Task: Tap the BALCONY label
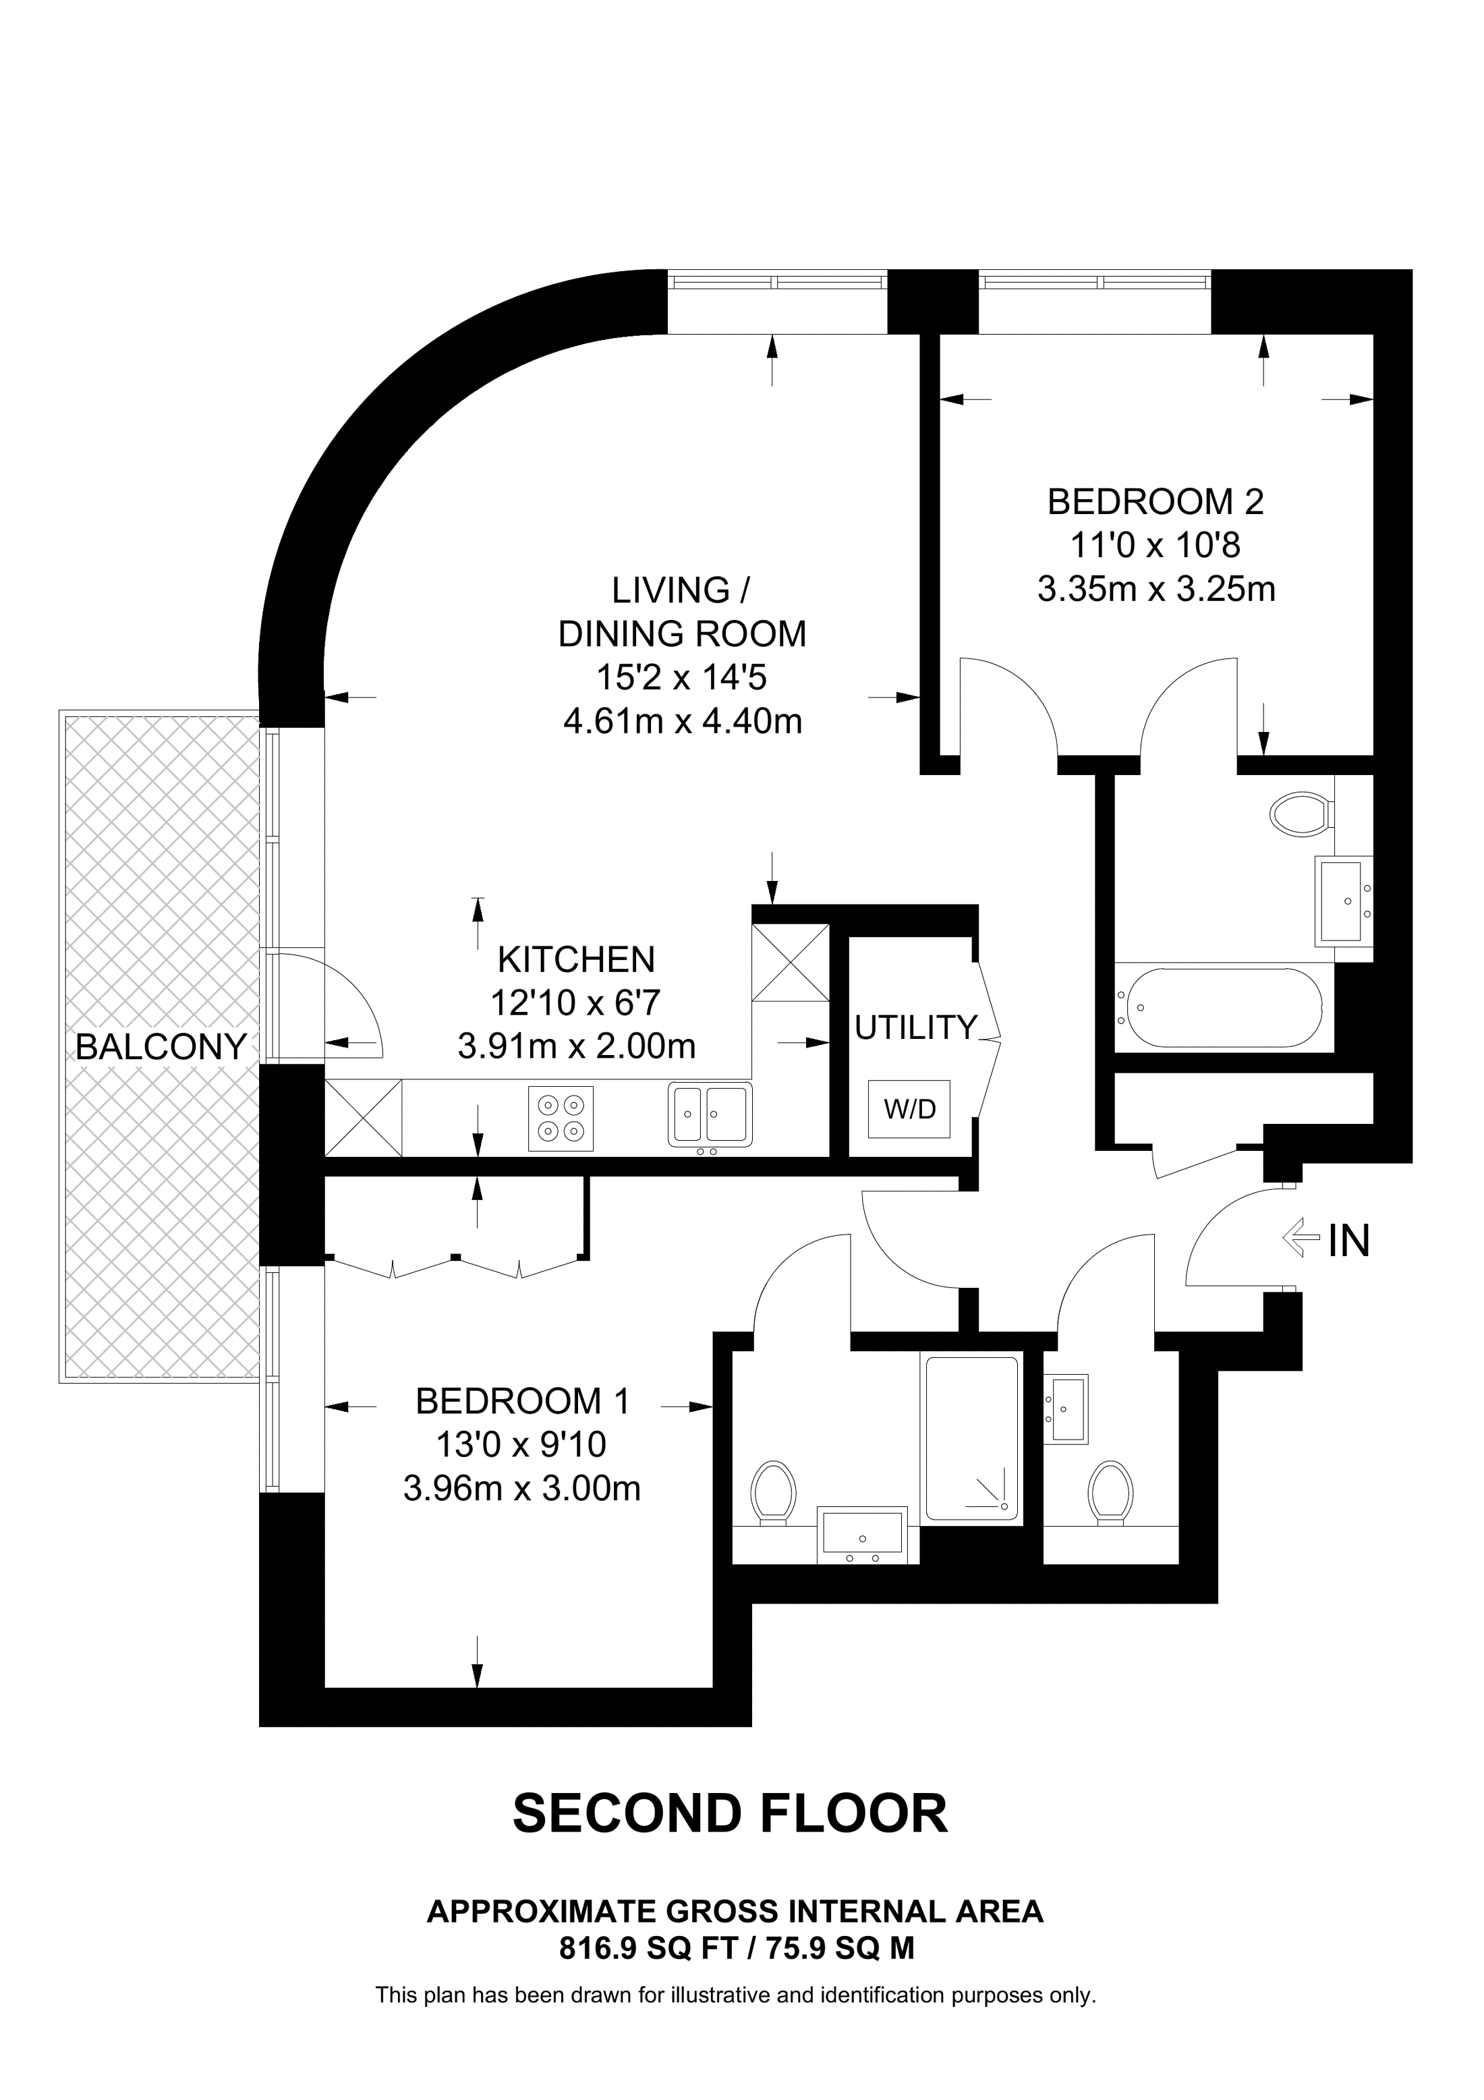[x=161, y=1046]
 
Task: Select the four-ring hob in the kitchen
[x=561, y=1118]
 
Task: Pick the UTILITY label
[x=915, y=1028]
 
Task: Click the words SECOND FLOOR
[x=730, y=1814]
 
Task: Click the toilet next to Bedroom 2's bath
[x=1299, y=813]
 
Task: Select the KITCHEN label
[x=576, y=959]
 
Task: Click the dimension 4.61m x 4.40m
[x=682, y=722]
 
